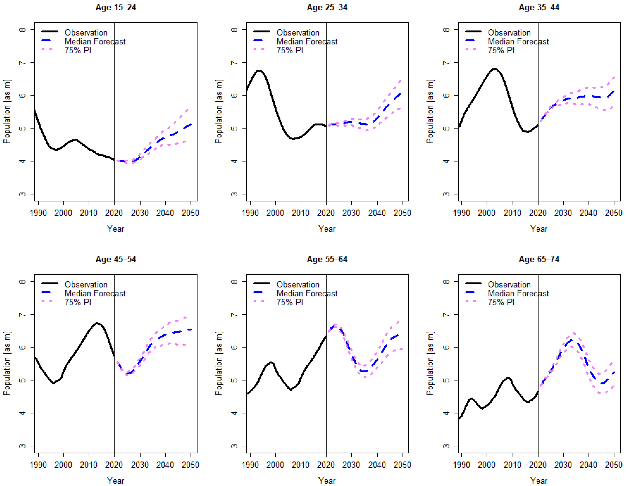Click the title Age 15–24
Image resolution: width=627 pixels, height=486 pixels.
pyautogui.click(x=116, y=7)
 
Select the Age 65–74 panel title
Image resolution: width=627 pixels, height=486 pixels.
pyautogui.click(x=539, y=259)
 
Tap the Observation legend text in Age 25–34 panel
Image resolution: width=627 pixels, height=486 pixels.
pyautogui.click(x=298, y=33)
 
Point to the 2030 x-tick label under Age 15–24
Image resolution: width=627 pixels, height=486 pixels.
pyautogui.click(x=140, y=213)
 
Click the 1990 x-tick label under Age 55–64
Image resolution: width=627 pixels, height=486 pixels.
pyautogui.click(x=250, y=465)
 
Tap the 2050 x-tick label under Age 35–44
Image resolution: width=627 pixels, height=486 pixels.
pyautogui.click(x=613, y=213)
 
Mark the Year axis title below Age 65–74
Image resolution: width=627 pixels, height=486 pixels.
pyautogui.click(x=539, y=481)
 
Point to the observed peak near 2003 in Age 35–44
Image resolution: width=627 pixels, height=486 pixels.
pyautogui.click(x=495, y=69)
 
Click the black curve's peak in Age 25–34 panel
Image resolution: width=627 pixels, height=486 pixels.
pyautogui.click(x=259, y=70)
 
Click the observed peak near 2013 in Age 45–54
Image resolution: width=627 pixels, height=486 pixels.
pyautogui.click(x=97, y=323)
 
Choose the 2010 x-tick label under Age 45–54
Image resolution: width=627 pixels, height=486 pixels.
pyautogui.click(x=89, y=465)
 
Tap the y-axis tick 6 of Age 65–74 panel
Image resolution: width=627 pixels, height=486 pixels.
pyautogui.click(x=446, y=347)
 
